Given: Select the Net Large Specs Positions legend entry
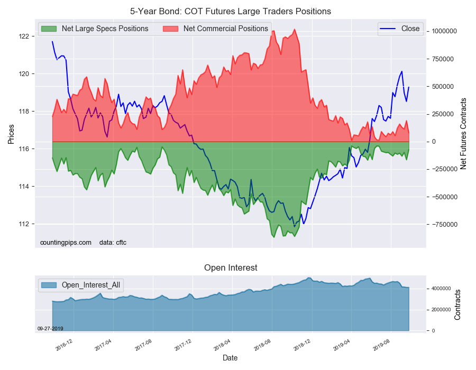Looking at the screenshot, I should click(x=105, y=29).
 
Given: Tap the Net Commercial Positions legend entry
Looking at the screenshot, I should click(x=225, y=29).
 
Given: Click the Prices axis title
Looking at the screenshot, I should click(x=11, y=133).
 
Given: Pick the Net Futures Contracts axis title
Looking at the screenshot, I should click(x=464, y=133).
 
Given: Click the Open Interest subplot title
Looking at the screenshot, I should click(x=231, y=268).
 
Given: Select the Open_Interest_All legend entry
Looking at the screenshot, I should click(x=90, y=285).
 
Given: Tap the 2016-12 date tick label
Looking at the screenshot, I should click(x=65, y=345).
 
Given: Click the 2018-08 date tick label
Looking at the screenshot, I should click(x=263, y=345).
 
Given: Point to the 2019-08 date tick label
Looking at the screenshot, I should click(x=382, y=345).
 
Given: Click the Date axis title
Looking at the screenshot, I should click(x=230, y=358).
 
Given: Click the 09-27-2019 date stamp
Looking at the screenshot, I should click(x=50, y=329).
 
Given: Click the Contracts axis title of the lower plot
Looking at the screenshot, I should click(x=457, y=304).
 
